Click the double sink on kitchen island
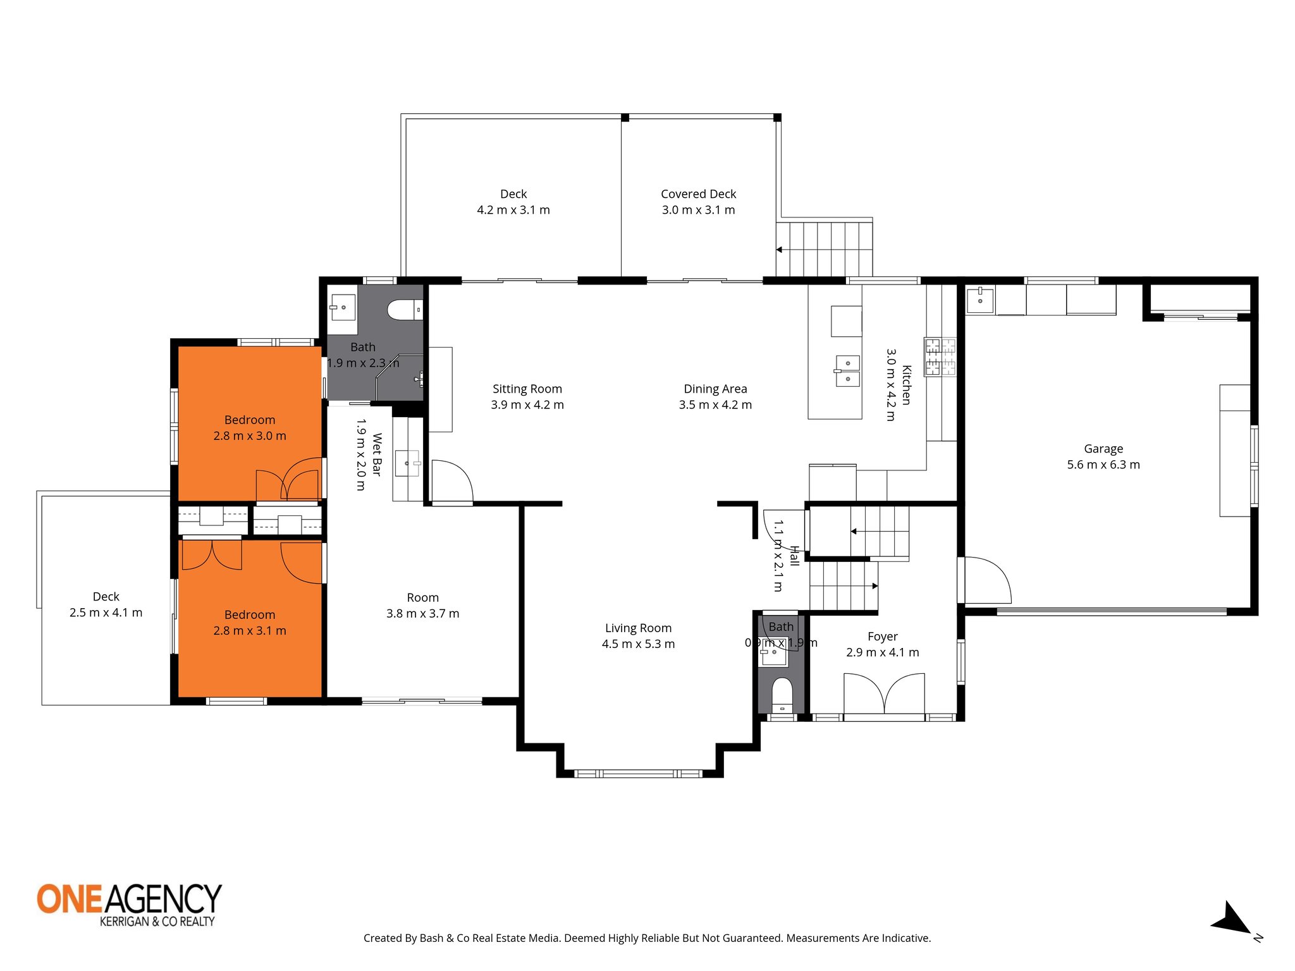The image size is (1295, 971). [847, 371]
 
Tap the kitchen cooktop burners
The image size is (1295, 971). [940, 357]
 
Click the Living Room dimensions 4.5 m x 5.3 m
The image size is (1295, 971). [638, 644]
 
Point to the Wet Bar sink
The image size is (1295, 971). [407, 463]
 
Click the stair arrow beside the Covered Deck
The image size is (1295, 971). [779, 250]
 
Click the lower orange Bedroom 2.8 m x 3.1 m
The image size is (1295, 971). [250, 623]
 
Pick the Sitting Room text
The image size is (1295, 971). [527, 389]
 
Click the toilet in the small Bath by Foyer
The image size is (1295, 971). [782, 694]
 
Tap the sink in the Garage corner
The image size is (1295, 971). [979, 300]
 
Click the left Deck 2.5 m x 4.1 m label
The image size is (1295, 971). [106, 604]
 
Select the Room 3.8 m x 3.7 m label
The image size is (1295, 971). [422, 605]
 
